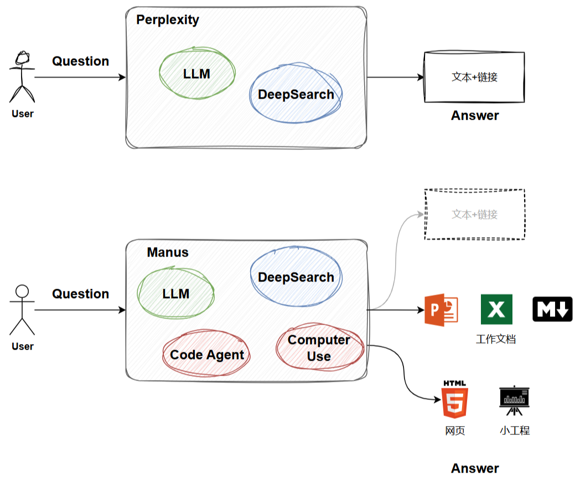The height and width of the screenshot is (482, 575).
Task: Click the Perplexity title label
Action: pos(168,20)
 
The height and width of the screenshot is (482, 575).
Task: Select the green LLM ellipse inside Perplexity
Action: pos(197,73)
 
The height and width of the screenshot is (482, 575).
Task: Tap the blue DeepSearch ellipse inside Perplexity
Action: pos(296,94)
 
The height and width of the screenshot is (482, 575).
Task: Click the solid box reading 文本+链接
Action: pos(474,77)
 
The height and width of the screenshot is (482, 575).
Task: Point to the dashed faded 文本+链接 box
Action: pos(474,214)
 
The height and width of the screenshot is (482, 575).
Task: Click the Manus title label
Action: pos(168,253)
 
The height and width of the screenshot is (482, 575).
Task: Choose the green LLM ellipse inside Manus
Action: pos(176,294)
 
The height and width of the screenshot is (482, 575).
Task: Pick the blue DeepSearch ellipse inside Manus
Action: pos(296,277)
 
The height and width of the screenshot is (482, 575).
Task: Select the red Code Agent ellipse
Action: pos(207,355)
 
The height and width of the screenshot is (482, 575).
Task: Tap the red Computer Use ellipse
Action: pos(319,348)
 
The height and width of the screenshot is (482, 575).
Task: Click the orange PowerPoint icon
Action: pos(441,310)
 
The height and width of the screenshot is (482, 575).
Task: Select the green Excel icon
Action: pos(496,309)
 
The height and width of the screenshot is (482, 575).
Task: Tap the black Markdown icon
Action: pos(552,309)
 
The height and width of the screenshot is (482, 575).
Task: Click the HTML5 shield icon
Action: pos(454,401)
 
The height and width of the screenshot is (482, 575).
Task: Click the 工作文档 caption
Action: pos(496,339)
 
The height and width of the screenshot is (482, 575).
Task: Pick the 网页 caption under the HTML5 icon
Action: pos(455,430)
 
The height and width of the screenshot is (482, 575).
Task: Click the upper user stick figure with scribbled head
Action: pos(22,78)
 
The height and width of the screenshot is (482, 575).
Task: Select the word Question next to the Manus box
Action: pos(81,294)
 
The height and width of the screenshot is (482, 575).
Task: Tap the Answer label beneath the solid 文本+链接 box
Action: pos(475,116)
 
